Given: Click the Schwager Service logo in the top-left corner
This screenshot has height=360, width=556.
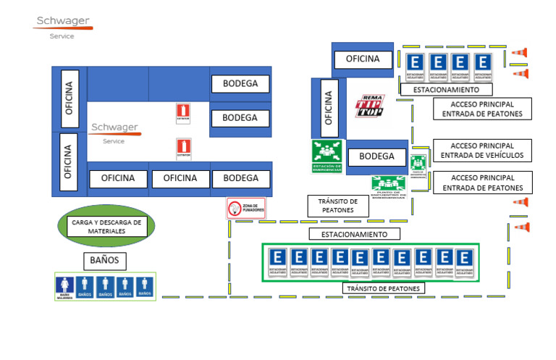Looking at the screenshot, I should (x=62, y=25).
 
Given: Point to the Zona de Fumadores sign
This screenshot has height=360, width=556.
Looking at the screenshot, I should (x=245, y=209).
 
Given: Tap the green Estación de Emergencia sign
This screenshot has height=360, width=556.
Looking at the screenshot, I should (x=327, y=156).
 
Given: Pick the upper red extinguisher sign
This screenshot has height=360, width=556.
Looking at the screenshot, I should (x=183, y=114).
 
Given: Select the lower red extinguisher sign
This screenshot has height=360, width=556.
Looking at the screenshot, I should (x=183, y=148).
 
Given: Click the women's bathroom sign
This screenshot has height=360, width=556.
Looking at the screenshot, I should (x=65, y=286).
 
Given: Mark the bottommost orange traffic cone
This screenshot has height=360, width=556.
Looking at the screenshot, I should (x=521, y=227).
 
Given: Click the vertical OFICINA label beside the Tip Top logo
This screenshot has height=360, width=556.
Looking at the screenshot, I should (x=329, y=107).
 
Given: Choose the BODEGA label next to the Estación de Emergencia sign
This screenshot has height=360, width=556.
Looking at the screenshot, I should (x=376, y=156).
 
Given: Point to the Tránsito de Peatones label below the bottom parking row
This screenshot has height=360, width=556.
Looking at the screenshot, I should (x=383, y=288).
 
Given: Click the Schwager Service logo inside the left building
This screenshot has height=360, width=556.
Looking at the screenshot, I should (x=115, y=132).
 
